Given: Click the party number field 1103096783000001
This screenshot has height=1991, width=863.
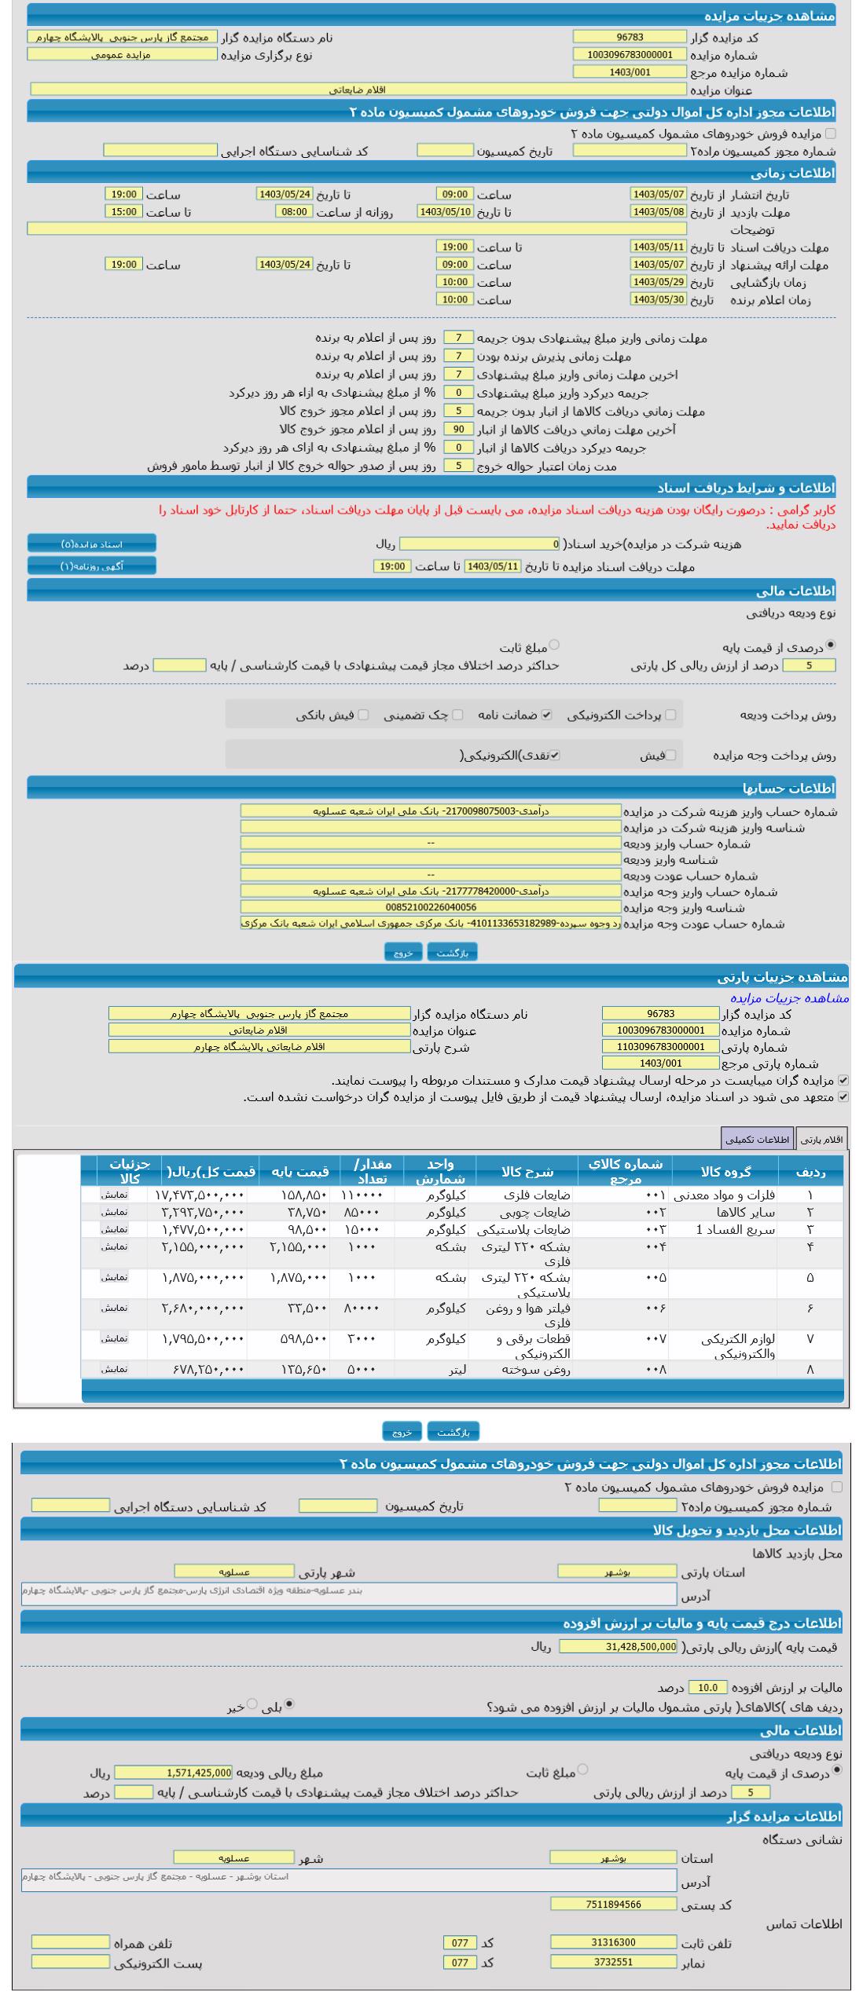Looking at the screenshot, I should [660, 1046].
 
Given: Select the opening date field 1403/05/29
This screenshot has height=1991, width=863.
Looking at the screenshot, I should [658, 282].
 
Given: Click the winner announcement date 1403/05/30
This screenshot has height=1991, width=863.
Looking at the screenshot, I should [658, 299].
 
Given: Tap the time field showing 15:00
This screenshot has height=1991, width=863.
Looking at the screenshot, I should [123, 211].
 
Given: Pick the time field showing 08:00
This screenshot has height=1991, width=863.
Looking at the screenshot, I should [294, 211].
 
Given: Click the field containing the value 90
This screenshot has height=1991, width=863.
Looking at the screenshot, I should [458, 430].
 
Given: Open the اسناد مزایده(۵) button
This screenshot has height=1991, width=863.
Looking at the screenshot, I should [92, 543].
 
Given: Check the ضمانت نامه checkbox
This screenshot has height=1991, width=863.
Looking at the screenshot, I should [548, 715].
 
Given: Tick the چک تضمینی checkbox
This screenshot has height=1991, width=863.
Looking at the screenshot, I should [458, 715].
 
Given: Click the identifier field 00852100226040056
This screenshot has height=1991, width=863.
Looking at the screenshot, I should [430, 907].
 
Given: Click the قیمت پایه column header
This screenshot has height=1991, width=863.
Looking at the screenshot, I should [300, 1172].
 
